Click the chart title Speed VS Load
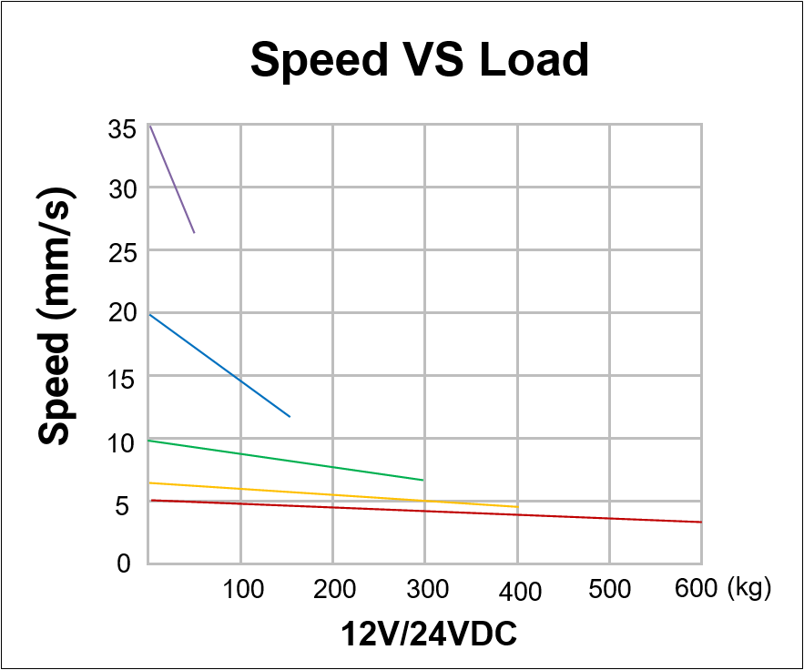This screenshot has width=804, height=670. point(420,60)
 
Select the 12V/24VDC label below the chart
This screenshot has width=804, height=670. point(429,633)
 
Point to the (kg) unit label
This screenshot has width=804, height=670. point(749,589)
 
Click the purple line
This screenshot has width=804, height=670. point(172,178)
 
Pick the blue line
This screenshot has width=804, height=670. point(219,365)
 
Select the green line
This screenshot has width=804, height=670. point(285,460)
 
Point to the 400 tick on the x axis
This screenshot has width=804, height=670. point(519,592)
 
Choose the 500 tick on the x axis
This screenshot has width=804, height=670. point(610,590)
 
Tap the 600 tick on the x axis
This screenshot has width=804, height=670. point(697,589)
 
